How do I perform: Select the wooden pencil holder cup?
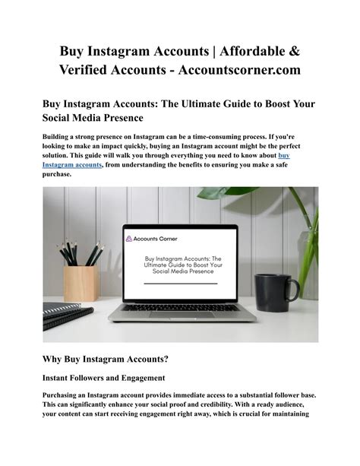point(81,282)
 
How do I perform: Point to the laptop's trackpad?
point(180,316)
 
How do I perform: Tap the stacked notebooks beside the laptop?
point(67,314)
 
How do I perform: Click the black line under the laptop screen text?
point(180,283)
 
